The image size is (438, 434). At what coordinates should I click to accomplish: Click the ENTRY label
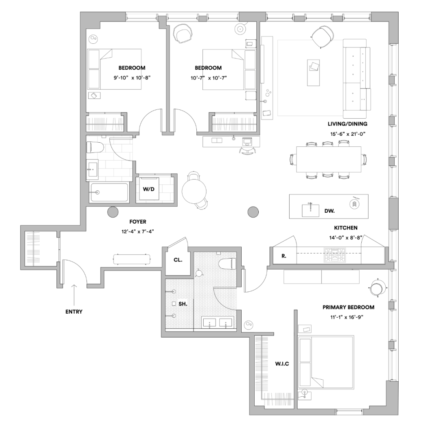pos(74,312)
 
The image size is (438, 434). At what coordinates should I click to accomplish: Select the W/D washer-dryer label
pos(148,189)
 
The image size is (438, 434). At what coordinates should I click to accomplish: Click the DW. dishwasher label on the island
pos(330,211)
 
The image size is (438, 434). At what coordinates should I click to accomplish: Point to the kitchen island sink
pos(310,210)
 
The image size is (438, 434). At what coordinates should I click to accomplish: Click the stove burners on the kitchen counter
pos(335,255)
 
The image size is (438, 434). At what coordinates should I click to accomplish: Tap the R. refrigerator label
pos(284,256)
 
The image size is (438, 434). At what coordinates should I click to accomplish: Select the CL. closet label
pos(178,260)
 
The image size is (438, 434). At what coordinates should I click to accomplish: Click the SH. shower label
pos(182,304)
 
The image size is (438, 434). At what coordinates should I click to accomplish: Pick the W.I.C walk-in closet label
pos(282,363)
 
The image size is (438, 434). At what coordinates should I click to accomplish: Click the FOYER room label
pos(138,222)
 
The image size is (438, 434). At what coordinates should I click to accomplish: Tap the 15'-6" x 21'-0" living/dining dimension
pos(348,134)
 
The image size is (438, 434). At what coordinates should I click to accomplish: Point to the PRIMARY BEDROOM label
pos(348,307)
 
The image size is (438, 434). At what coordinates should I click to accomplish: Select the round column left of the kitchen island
pos(253,212)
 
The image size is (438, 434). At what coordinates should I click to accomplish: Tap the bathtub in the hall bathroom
pos(109,192)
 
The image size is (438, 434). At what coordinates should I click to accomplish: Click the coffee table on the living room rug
pos(313,73)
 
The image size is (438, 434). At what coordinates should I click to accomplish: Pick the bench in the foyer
pos(132,259)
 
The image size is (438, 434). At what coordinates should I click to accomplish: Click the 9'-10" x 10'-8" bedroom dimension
pos(132,78)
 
